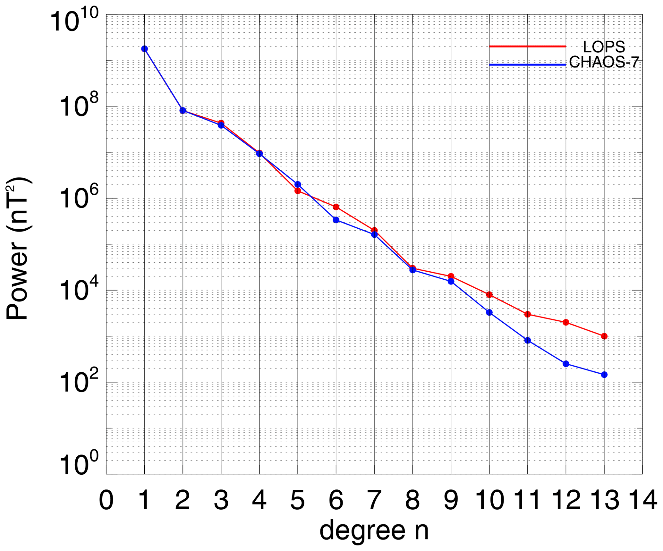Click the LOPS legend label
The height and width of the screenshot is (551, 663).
click(604, 47)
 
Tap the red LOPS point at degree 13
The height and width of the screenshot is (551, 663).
click(604, 336)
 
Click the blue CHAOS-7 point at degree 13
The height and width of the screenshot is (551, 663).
click(604, 375)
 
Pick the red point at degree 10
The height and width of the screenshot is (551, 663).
click(489, 294)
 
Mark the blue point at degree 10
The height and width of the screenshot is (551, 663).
click(489, 312)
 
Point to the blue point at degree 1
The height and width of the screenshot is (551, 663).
click(145, 49)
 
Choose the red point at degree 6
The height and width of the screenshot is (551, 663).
click(336, 207)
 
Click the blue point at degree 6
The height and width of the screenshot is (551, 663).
click(336, 220)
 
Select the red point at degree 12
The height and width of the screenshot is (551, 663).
click(566, 322)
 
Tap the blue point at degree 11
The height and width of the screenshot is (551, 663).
click(528, 340)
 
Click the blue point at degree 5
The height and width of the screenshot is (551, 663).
click(298, 184)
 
